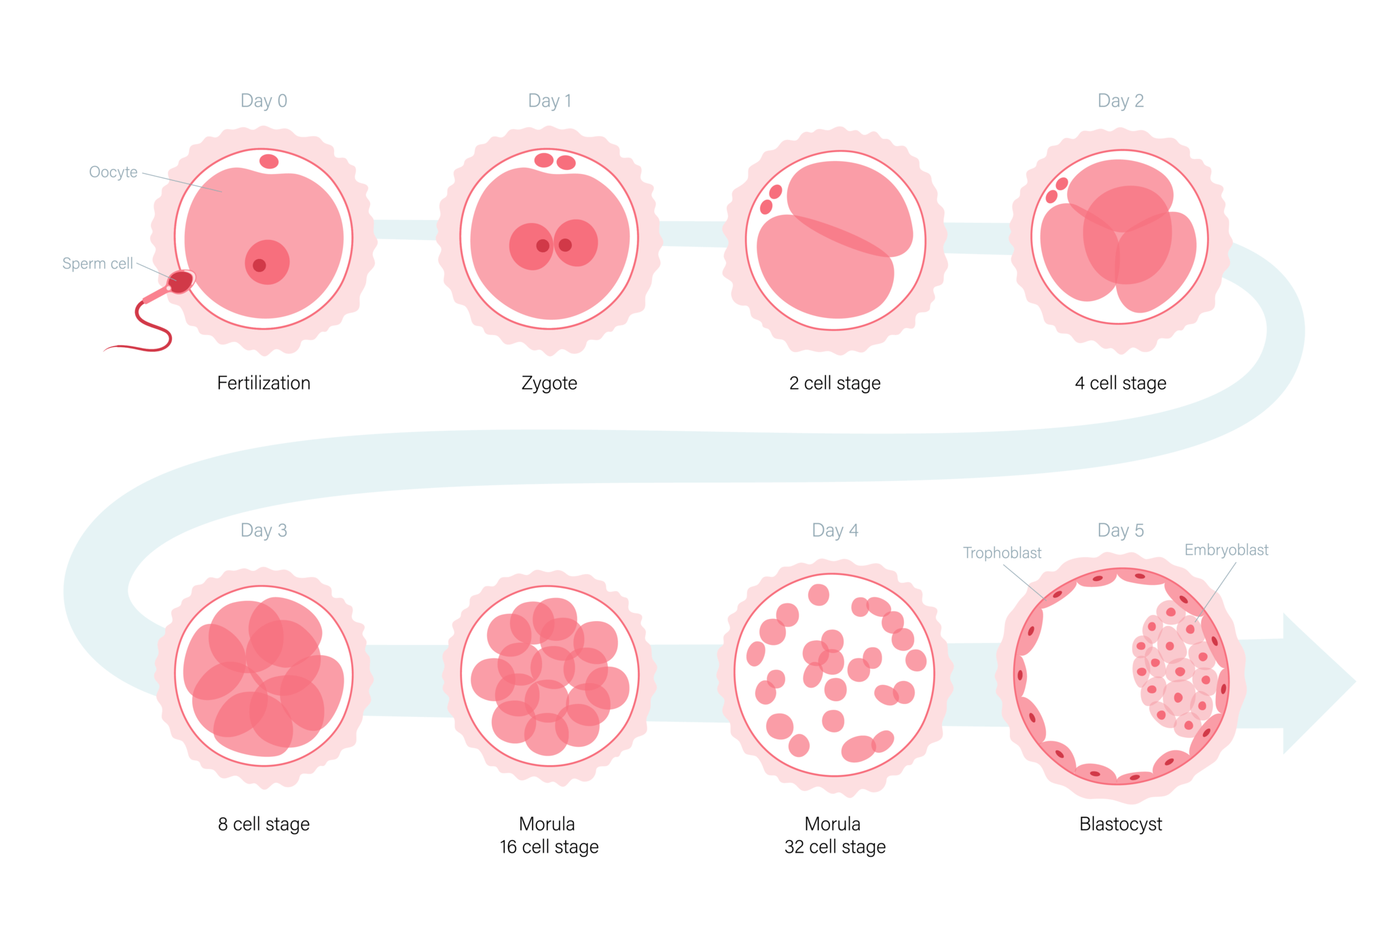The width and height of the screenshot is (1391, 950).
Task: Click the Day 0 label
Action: click(x=264, y=101)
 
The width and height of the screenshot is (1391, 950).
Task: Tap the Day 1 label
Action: click(x=549, y=101)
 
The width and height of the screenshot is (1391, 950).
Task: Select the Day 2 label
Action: click(x=1121, y=101)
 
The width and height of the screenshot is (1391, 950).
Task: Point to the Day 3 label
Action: click(x=264, y=530)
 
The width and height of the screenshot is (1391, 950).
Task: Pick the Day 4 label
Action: click(x=835, y=530)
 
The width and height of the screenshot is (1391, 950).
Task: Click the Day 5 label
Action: click(x=1121, y=530)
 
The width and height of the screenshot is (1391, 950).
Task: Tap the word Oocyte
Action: click(x=113, y=173)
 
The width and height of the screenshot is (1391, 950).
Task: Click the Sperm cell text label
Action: click(x=98, y=264)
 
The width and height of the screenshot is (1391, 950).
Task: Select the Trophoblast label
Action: click(x=1002, y=552)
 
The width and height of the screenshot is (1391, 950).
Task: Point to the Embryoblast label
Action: click(x=1226, y=550)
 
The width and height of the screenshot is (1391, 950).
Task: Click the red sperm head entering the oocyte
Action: click(x=181, y=282)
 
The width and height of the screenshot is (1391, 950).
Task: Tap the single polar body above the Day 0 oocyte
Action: click(x=269, y=161)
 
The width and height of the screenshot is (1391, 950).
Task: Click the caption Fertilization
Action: click(x=264, y=383)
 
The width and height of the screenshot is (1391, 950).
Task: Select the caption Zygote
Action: click(x=549, y=383)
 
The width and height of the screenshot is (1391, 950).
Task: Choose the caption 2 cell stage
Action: click(x=835, y=383)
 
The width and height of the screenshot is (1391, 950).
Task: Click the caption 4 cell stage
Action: click(x=1121, y=383)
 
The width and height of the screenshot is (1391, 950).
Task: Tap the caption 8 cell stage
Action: click(x=264, y=824)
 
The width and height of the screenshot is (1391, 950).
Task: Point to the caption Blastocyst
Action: click(x=1121, y=824)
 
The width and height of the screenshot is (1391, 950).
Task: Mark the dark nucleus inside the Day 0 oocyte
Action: click(x=259, y=266)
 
